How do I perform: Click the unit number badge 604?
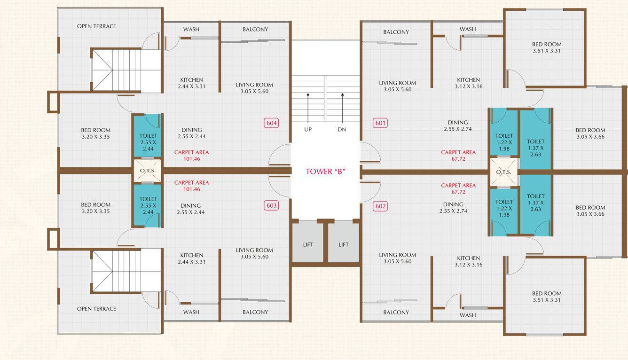272,123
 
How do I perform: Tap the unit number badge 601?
380,123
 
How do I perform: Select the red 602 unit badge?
380,206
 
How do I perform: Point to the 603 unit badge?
272,205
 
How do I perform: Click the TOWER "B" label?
326,172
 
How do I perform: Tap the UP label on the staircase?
308,129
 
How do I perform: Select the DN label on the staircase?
342,129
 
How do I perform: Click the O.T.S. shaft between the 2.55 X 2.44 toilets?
147,171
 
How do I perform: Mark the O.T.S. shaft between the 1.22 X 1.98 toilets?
503,172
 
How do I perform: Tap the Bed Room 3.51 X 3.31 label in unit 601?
547,47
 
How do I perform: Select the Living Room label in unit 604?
254,88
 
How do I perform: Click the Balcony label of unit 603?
255,312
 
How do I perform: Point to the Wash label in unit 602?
468,315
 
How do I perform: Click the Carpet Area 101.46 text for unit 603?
191,186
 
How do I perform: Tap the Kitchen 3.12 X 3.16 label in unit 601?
468,83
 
